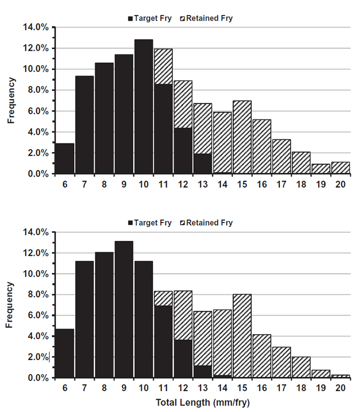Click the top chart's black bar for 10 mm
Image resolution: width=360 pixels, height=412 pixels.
(x=143, y=107)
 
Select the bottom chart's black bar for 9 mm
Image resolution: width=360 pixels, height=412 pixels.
(x=124, y=310)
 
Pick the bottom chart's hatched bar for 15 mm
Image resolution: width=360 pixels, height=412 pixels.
(x=242, y=336)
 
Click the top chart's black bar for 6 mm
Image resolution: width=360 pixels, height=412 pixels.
(x=65, y=159)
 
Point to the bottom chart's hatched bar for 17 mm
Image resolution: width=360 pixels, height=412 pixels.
(x=282, y=362)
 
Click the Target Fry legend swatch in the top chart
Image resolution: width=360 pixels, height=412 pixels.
(x=131, y=18)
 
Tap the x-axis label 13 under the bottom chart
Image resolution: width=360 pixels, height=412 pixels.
(x=203, y=389)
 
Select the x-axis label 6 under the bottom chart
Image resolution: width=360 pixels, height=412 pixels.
(x=65, y=389)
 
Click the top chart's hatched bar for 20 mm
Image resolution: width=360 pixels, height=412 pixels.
(x=341, y=168)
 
